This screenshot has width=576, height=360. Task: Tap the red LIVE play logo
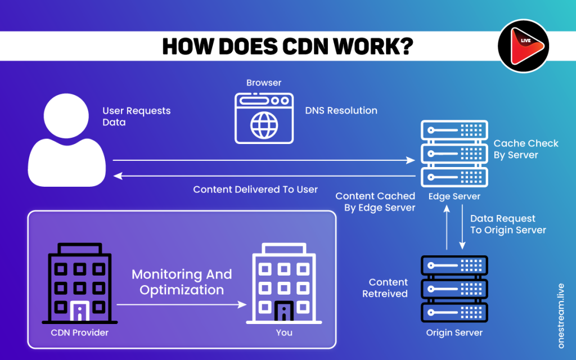click(524, 46)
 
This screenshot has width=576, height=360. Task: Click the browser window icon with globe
click(264, 117)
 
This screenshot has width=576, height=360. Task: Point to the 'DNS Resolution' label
click(341, 111)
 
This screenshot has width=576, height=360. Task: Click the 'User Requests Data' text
click(136, 116)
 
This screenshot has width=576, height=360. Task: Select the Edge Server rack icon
click(454, 154)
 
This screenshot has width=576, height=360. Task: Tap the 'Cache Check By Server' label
click(525, 149)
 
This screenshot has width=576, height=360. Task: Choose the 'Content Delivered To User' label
click(255, 190)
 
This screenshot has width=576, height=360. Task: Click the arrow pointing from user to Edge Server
click(264, 161)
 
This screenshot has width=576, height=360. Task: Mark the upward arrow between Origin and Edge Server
click(447, 227)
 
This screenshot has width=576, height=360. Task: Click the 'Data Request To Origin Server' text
click(508, 224)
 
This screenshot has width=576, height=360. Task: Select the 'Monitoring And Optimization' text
click(182, 282)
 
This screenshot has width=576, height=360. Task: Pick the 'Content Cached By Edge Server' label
click(375, 201)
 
